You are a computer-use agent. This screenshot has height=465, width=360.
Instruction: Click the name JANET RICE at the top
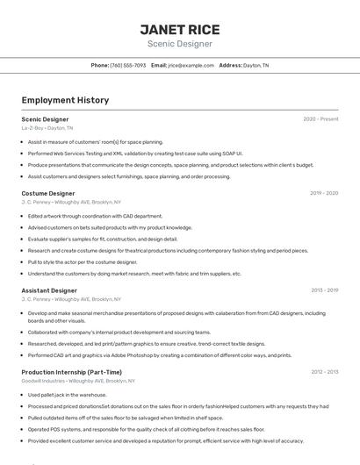[x=179, y=30]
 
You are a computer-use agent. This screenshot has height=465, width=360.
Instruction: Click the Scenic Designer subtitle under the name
[x=179, y=44]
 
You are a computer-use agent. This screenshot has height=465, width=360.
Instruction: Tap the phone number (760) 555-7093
[x=128, y=65]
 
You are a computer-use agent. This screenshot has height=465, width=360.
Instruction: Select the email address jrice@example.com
[x=191, y=65]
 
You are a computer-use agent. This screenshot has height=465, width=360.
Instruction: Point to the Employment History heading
[x=65, y=100]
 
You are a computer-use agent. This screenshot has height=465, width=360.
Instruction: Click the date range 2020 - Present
[x=320, y=118]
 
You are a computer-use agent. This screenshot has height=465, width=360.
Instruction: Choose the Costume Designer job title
[x=48, y=193]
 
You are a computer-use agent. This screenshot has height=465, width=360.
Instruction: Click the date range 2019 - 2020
[x=324, y=193]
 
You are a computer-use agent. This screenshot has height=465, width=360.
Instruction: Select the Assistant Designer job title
[x=49, y=290]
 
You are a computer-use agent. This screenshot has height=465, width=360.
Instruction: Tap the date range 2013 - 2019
[x=324, y=290]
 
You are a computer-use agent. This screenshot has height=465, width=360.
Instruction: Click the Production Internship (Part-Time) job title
[x=72, y=372]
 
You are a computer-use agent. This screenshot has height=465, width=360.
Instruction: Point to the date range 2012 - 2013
[x=324, y=372]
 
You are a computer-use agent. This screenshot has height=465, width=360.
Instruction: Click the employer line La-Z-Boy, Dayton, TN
[x=47, y=127]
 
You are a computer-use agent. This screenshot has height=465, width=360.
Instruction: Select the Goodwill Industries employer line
[x=78, y=381]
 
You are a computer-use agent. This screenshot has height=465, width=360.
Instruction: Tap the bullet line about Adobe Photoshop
[x=160, y=355]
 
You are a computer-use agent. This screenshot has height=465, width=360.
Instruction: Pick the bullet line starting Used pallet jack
[x=67, y=395]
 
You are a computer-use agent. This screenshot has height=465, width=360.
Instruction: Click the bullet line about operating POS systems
[x=146, y=429]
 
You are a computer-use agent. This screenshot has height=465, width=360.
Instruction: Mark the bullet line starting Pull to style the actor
[x=83, y=261]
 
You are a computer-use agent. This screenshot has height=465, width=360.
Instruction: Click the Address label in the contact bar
[x=230, y=65]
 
